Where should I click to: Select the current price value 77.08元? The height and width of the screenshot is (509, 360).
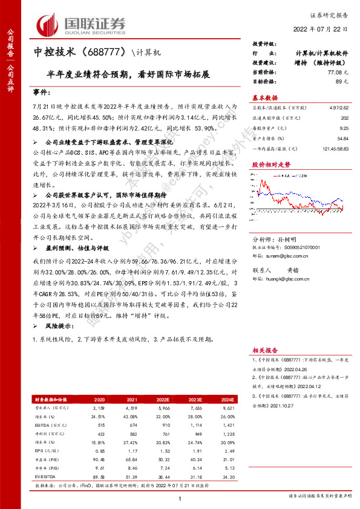[341, 72]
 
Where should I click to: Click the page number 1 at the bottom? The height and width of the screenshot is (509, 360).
[180, 498]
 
